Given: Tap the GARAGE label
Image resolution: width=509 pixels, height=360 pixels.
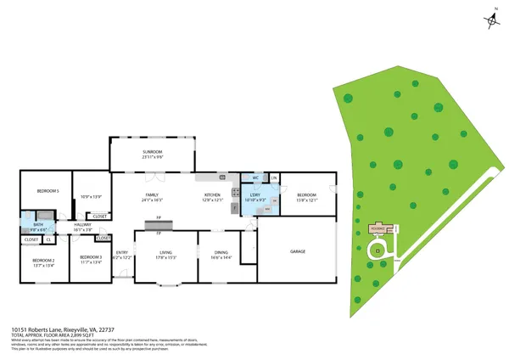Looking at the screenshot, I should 298,251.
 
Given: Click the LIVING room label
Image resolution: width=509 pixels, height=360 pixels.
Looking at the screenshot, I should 166,252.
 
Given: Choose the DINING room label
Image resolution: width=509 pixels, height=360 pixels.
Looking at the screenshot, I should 221,252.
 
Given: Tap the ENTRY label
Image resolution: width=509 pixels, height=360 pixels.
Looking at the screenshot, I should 122,252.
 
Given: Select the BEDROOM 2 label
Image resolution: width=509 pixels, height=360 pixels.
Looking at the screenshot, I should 43,261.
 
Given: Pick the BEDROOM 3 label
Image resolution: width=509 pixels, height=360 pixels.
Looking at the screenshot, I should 91,257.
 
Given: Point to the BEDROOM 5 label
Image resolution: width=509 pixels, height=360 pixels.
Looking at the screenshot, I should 47,192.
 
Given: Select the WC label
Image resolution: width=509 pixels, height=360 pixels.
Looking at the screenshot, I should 255,177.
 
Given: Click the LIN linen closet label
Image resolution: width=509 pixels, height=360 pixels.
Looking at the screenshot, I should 274,177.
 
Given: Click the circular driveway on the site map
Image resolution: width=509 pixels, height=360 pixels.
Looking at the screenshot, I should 378,250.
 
